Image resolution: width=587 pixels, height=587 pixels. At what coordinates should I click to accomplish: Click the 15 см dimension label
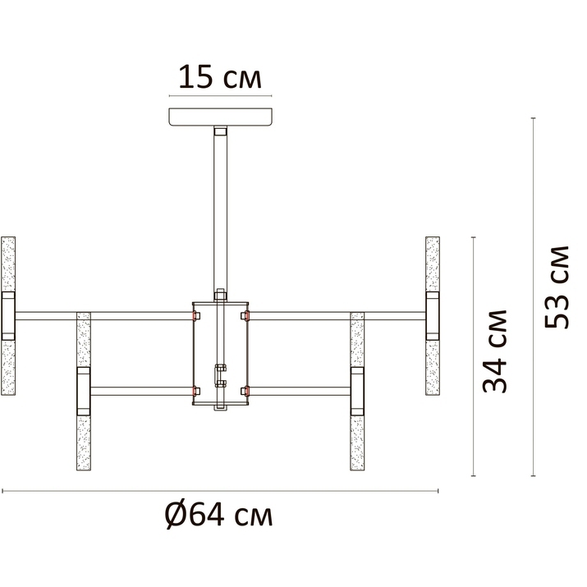pos(220,77)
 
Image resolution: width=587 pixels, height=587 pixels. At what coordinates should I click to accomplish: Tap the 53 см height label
pos(557,287)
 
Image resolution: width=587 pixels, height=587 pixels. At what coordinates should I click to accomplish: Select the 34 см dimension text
pos(494,351)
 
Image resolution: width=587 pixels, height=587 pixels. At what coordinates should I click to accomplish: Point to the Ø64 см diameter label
pos(219,515)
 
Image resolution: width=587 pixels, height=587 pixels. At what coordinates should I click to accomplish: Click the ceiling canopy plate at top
pos(221,117)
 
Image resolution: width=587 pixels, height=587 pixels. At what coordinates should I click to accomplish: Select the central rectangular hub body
pos(221,353)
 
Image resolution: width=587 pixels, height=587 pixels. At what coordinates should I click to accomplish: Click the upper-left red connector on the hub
pos(195,316)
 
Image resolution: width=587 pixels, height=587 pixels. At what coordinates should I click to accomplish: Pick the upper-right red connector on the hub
pos(247,316)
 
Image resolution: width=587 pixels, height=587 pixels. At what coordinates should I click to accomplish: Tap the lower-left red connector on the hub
pos(195,392)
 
